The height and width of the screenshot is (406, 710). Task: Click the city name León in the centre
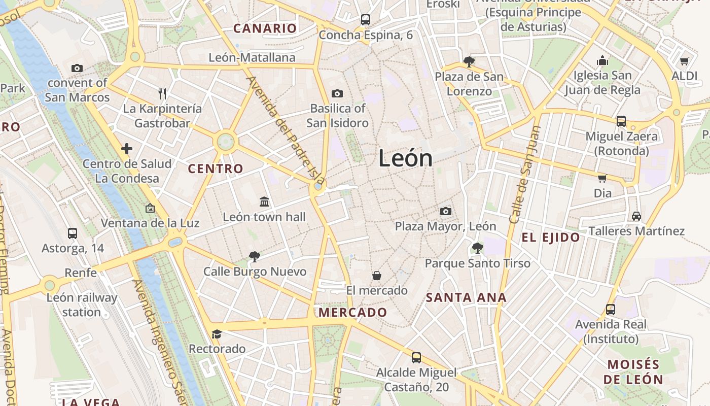click(x=405, y=159)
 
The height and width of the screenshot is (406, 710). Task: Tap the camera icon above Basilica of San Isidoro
click(x=337, y=93)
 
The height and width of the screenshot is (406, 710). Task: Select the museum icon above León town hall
click(x=264, y=202)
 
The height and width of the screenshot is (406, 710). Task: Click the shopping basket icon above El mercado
click(x=377, y=276)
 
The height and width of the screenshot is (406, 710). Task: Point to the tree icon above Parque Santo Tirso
click(x=477, y=248)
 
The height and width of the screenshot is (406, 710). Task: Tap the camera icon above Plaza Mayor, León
click(x=446, y=211)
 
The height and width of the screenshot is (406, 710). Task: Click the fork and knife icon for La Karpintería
click(x=162, y=93)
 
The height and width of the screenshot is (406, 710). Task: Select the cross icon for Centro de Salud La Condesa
click(x=127, y=149)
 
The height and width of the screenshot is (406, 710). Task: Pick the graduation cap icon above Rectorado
click(x=217, y=334)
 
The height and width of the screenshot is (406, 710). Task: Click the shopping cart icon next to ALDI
click(x=684, y=61)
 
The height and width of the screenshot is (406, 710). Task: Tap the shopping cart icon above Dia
click(x=602, y=178)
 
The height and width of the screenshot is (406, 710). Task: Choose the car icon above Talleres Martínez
click(x=636, y=216)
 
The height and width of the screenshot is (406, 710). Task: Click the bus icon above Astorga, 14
click(x=73, y=233)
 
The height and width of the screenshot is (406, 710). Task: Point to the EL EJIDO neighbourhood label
click(x=551, y=238)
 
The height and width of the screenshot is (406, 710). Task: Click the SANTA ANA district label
click(x=466, y=298)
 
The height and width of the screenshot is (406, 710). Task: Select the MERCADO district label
click(x=352, y=313)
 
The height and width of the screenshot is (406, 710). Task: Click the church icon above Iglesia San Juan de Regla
click(x=602, y=61)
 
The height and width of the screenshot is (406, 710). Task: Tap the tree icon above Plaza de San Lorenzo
click(x=469, y=62)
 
